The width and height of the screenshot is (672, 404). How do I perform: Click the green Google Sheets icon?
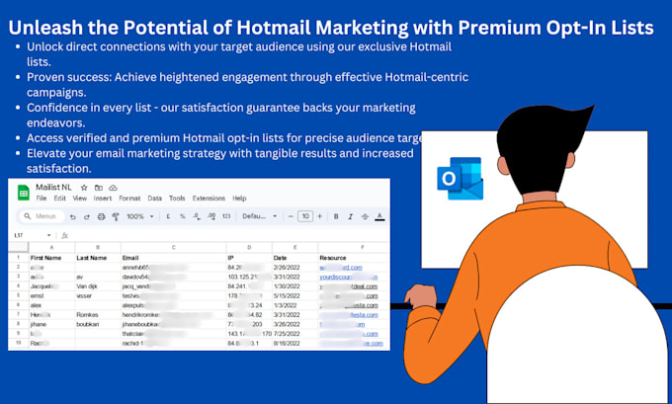[21, 191]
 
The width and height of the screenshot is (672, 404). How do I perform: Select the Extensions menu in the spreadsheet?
[209, 199]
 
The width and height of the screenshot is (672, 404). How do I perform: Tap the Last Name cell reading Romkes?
[89, 315]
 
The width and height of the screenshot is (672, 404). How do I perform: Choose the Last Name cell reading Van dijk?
[90, 286]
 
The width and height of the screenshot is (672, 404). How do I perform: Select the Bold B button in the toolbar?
[337, 216]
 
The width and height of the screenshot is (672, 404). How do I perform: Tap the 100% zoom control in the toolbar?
[135, 216]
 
